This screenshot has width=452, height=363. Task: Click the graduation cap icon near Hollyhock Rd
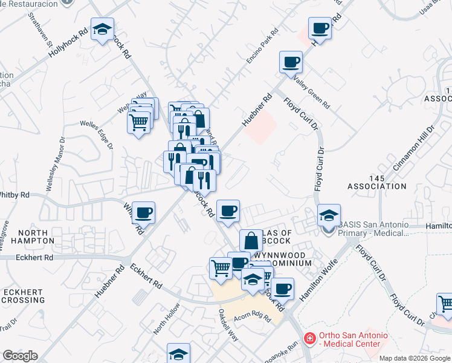[102, 29]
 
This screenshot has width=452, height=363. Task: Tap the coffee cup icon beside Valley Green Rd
[291, 62]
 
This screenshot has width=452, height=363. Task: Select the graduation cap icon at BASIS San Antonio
[329, 215]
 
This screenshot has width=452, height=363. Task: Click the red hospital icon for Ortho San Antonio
[309, 338]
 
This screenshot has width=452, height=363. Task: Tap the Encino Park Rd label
[261, 46]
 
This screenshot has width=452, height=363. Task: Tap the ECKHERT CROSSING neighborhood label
[22, 295]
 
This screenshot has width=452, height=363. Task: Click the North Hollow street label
[167, 322]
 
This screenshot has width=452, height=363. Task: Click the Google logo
[21, 356]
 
